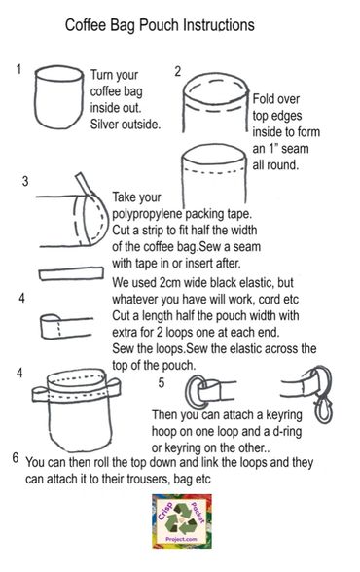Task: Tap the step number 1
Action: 19,70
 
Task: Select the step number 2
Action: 177,71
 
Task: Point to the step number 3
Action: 24,182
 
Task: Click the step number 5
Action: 162,382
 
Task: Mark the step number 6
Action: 16,457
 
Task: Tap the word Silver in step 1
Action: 109,124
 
